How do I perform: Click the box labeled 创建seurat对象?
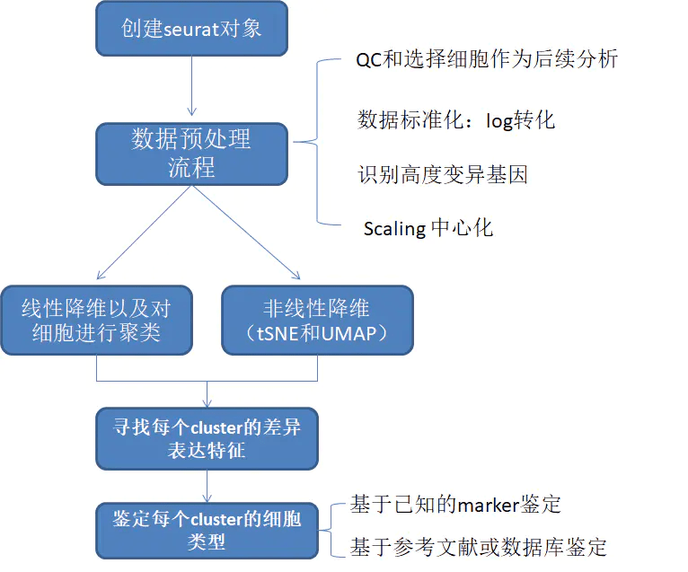click(x=191, y=28)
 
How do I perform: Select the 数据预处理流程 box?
click(x=191, y=154)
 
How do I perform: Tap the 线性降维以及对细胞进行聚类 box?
click(x=96, y=321)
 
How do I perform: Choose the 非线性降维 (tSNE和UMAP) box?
click(x=317, y=321)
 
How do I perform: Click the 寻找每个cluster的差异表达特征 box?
click(x=207, y=439)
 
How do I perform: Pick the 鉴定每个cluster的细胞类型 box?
click(x=207, y=531)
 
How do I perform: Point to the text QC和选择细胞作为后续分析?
click(x=487, y=60)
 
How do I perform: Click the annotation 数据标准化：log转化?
click(x=457, y=119)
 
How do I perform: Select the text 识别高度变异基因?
click(x=443, y=173)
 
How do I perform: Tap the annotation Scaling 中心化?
click(x=428, y=227)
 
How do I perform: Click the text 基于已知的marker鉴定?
click(x=456, y=505)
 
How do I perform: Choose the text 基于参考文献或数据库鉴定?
click(x=479, y=546)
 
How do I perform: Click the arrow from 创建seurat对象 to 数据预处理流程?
click(x=191, y=88)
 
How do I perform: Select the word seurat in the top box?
click(x=190, y=28)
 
